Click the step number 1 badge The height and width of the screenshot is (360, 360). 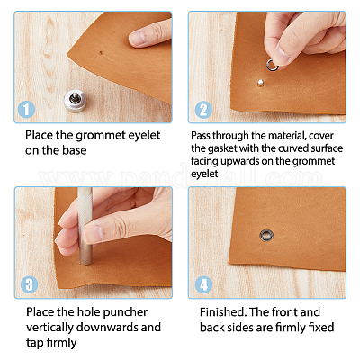point(26,110)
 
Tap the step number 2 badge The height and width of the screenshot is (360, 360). point(203,110)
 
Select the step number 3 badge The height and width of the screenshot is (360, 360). point(29,284)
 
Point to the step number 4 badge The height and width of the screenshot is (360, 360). point(203,284)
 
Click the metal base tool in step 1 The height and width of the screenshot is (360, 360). point(76,100)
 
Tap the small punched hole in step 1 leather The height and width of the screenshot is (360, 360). point(101,53)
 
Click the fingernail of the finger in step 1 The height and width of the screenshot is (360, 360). point(137,38)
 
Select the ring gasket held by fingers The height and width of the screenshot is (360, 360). point(272,65)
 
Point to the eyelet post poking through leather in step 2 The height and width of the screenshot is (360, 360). point(260,82)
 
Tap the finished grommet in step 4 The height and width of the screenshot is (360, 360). point(266,236)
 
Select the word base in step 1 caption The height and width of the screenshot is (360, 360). point(75,149)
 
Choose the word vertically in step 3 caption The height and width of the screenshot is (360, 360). point(49,328)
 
